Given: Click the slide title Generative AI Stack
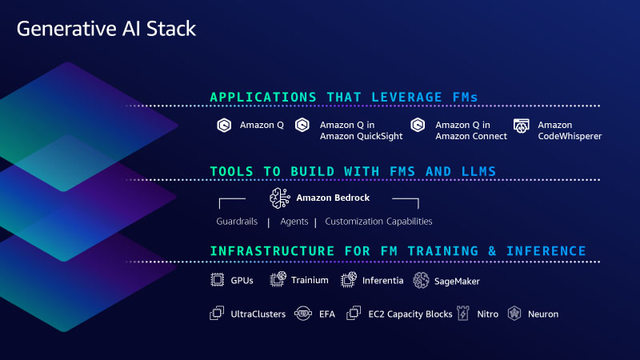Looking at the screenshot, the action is [x=106, y=29].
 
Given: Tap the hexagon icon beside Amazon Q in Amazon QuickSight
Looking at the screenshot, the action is [x=302, y=125].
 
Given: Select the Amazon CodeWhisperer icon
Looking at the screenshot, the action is [x=522, y=126].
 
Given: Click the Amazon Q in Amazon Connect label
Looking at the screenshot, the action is [x=471, y=130].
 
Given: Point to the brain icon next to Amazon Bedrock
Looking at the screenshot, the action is [x=279, y=198].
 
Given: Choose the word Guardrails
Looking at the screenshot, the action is [x=237, y=222].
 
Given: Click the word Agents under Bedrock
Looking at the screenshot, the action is [x=294, y=222].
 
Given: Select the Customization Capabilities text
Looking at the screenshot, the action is [x=378, y=222].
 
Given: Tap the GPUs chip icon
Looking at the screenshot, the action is [x=217, y=280].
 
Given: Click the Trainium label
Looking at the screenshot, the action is [x=310, y=280].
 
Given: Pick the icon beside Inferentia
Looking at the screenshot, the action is [x=349, y=279].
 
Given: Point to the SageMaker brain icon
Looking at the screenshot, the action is [x=421, y=281].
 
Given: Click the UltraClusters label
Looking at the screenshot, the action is [x=258, y=314].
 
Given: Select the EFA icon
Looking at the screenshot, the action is [x=303, y=314].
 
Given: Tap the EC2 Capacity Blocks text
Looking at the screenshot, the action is [x=410, y=314].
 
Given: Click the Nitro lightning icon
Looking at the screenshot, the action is [x=463, y=313].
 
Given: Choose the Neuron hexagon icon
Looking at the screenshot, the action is [x=514, y=314].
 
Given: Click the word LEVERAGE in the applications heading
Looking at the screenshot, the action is [x=406, y=97].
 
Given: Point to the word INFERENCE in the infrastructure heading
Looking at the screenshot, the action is [x=546, y=251].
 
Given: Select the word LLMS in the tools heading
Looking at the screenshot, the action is [x=478, y=171].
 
